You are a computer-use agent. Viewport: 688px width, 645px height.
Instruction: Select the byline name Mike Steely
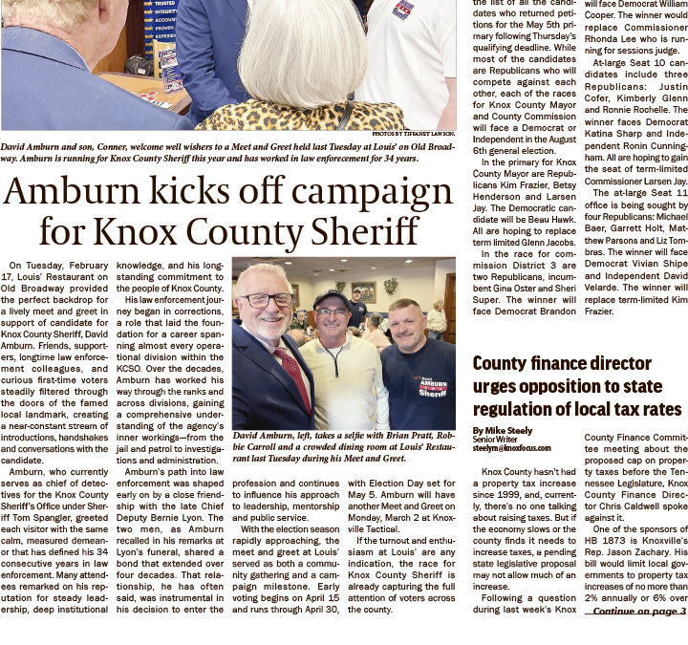(504, 431)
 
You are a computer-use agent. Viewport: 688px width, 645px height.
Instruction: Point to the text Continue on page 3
(639, 611)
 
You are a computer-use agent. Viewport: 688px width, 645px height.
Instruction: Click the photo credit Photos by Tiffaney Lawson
(413, 133)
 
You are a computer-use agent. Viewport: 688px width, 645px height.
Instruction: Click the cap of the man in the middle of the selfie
(332, 298)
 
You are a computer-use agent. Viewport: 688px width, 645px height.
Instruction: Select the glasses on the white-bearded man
(267, 301)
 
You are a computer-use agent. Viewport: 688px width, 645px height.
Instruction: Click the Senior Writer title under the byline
(494, 440)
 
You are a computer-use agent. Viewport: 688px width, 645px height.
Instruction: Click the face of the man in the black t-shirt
(402, 321)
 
